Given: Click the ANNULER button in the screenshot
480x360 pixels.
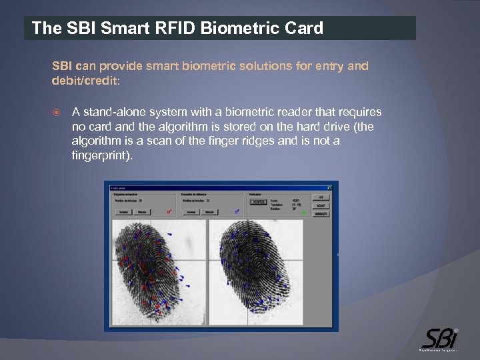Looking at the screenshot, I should tap(321, 214).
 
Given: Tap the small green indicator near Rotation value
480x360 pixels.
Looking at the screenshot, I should tap(303, 213).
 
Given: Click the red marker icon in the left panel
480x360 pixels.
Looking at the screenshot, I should tap(169, 212).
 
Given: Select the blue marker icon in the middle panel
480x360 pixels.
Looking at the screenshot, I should tap(236, 212).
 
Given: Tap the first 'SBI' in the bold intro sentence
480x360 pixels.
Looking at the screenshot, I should tap(62, 66).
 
